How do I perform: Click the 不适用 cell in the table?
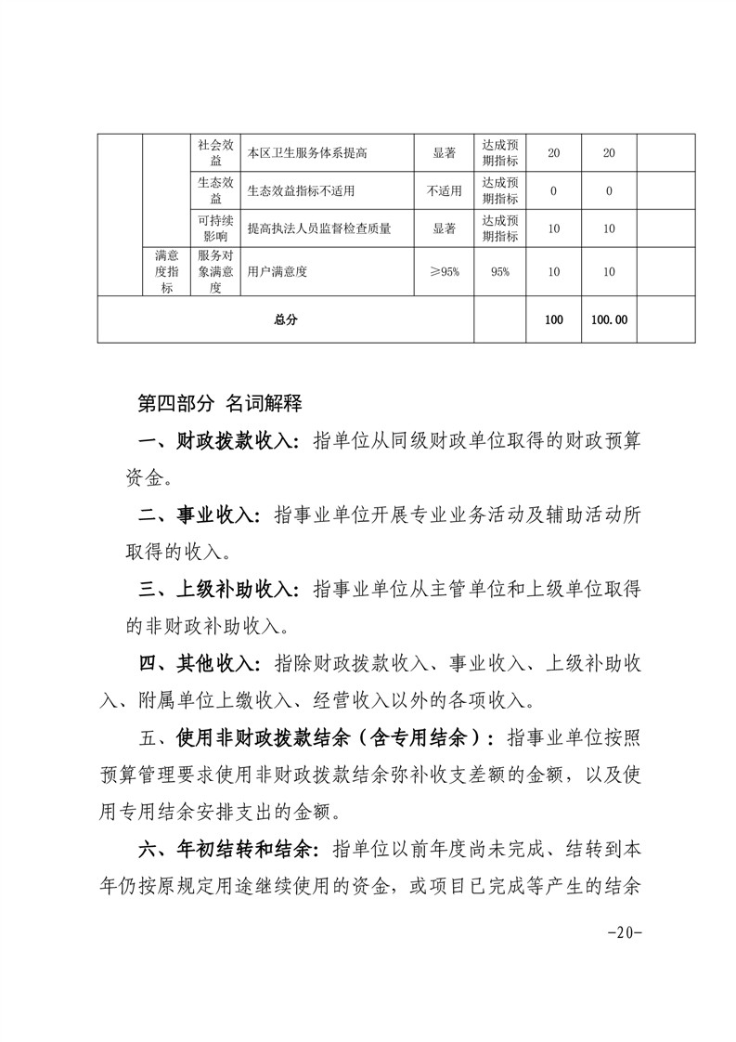444,191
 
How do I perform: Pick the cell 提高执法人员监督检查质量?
319,228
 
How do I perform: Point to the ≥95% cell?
444,271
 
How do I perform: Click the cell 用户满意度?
278,271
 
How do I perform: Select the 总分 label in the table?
286,319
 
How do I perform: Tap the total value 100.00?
609,319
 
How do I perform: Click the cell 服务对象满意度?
215,271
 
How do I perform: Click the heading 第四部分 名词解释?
219,404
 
